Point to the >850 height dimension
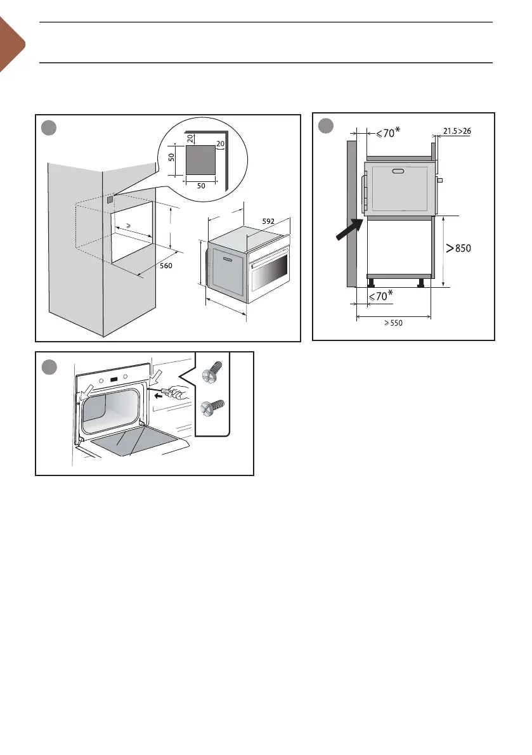[x=459, y=248]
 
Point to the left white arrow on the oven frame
[x=82, y=385]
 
